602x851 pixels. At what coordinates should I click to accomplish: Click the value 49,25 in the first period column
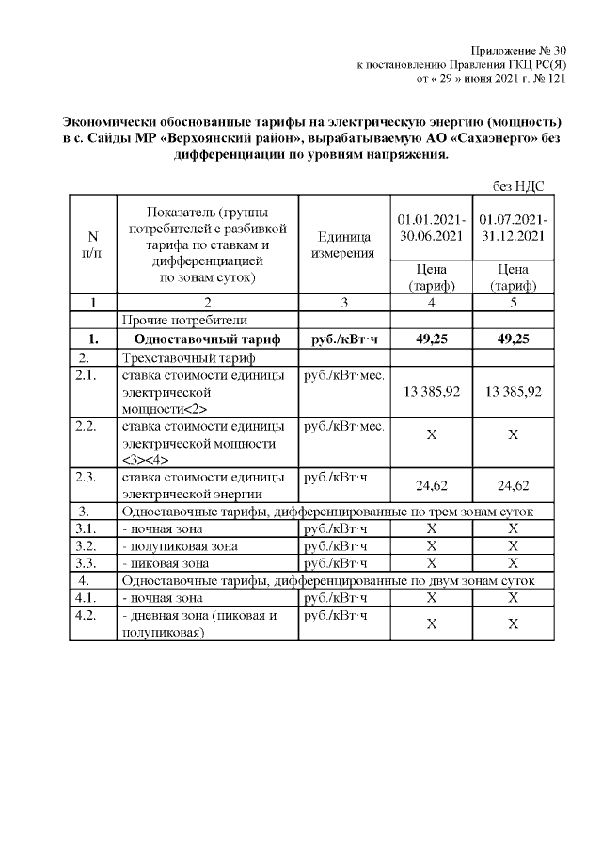(x=429, y=339)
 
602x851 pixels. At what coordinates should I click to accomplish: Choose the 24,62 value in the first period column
(x=429, y=485)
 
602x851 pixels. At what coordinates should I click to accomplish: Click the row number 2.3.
(x=87, y=477)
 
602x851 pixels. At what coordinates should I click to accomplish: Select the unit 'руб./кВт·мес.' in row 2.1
(x=341, y=375)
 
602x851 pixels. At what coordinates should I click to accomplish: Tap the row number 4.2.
(x=87, y=615)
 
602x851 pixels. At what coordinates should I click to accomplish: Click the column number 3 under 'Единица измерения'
(x=342, y=303)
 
